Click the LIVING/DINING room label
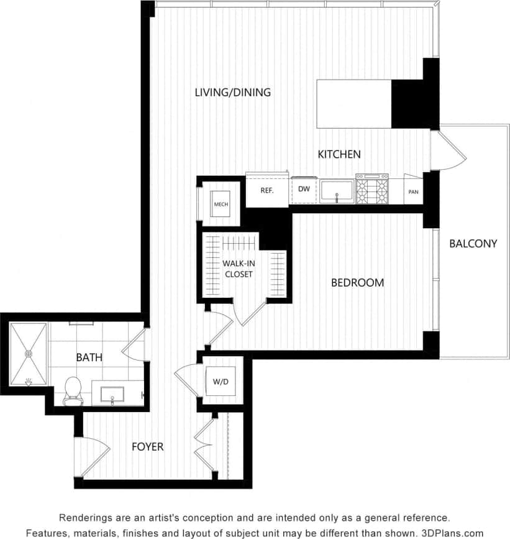232,93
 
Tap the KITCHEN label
339,154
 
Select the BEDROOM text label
357,283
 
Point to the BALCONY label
473,244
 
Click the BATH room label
89,357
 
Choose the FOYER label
148,446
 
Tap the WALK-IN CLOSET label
239,269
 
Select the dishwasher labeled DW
304,190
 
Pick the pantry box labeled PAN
413,192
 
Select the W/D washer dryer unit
220,381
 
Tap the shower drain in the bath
28,353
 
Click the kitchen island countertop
354,104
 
